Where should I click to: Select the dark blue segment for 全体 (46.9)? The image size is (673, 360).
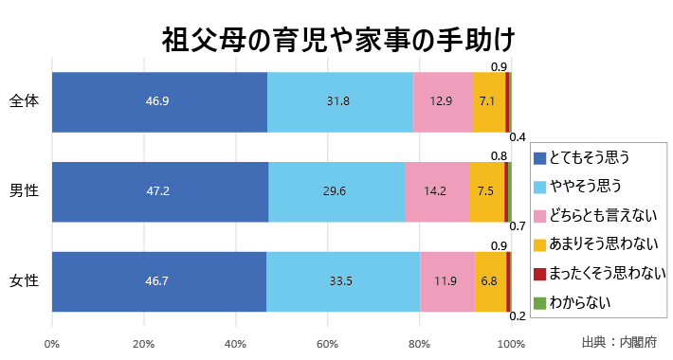[x=159, y=101]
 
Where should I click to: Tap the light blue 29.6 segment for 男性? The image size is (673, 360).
[x=336, y=190]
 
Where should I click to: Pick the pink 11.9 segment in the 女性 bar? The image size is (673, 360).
[x=447, y=281]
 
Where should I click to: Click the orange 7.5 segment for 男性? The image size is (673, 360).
[x=486, y=190]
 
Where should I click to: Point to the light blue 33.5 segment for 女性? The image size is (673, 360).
[x=343, y=281]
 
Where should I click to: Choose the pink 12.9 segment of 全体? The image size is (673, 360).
[x=443, y=101]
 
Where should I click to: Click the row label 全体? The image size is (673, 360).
[x=24, y=101]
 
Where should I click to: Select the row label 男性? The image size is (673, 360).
[x=24, y=190]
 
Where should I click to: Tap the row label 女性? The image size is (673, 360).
[x=24, y=281]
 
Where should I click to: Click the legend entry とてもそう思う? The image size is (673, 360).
[x=590, y=156]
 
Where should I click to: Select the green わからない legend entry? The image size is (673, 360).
[x=578, y=303]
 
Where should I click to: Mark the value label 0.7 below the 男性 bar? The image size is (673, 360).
[x=518, y=226]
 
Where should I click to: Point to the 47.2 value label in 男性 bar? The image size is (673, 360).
[x=158, y=190]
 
